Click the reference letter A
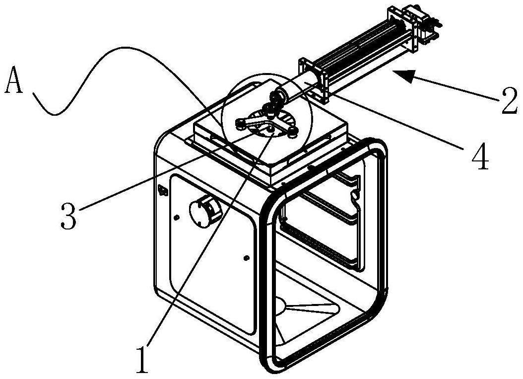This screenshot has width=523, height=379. coord(14,80)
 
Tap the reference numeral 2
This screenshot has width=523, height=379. coord(508,100)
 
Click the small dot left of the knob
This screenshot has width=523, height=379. coord(177,218)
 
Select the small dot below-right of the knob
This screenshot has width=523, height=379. coord(246,258)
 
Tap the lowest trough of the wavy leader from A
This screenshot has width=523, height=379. coord(55,115)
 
